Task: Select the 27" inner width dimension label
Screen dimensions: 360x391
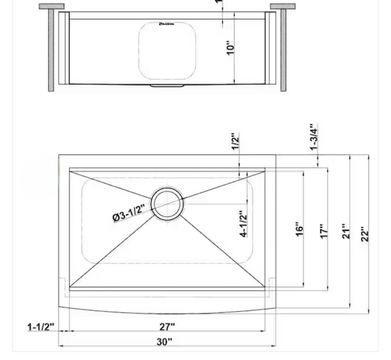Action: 167,326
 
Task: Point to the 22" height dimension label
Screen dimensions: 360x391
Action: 364,235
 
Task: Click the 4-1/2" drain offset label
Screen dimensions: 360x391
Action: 244,224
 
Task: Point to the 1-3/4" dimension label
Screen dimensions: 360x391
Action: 314,136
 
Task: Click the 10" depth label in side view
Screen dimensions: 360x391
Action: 231,47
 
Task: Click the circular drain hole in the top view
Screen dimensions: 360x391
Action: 167,203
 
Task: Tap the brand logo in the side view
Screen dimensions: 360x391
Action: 167,24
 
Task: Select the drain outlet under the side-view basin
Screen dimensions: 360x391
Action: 167,86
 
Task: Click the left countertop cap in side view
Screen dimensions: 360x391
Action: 51,6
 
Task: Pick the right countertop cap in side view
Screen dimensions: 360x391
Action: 282,6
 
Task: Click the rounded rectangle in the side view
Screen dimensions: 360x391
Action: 167,51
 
